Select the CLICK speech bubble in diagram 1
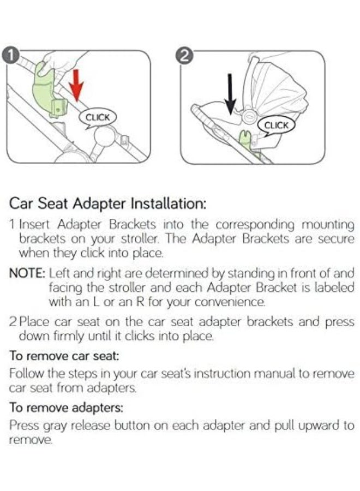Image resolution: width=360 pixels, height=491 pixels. [99, 117]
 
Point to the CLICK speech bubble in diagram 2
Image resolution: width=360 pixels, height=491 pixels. [276, 125]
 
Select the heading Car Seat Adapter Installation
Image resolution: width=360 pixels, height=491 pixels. [108, 204]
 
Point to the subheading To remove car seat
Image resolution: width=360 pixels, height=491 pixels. [64, 355]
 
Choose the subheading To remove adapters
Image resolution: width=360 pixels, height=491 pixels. [67, 407]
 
